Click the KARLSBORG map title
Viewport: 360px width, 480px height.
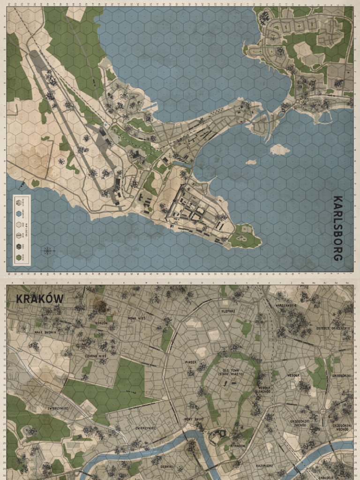[337, 228]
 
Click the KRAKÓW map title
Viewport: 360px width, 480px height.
[40, 299]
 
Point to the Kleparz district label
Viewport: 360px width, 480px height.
[228, 311]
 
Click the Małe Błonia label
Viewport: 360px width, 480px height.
[45, 331]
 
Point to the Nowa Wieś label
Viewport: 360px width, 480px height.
[137, 318]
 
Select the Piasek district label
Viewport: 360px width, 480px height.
[190, 362]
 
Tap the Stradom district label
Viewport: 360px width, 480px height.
[238, 446]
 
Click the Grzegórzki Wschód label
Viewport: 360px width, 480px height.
[343, 427]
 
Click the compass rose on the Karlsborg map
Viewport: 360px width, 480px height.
[48, 250]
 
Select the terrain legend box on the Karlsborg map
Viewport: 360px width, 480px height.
[22, 230]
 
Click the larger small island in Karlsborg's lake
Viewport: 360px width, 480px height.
[279, 150]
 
